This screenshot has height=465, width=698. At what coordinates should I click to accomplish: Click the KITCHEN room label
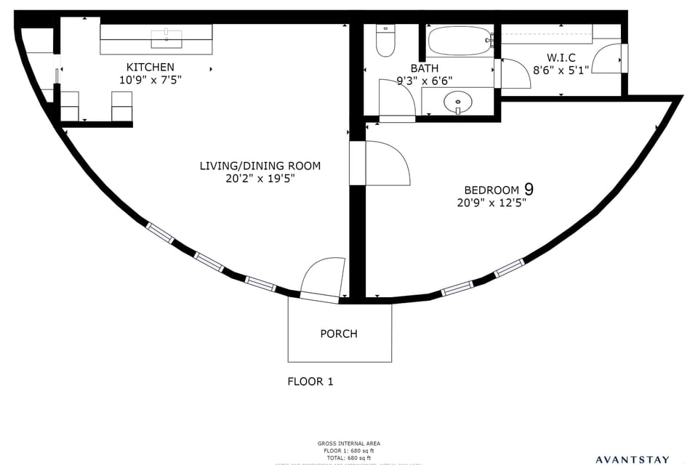(151, 67)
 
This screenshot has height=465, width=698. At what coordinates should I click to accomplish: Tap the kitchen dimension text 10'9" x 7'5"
(151, 79)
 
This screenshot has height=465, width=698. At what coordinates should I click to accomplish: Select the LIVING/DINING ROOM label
(260, 166)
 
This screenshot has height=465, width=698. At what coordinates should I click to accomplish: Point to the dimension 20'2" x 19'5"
(260, 178)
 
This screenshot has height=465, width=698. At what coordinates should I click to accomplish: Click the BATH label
(424, 68)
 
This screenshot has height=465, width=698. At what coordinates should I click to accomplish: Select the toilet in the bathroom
(385, 41)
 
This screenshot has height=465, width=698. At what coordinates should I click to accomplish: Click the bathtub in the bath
(459, 41)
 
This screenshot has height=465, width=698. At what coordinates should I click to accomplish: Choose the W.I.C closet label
(561, 57)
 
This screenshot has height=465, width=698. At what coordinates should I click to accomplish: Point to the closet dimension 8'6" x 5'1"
(561, 70)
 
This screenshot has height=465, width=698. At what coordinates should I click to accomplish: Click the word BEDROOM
(492, 190)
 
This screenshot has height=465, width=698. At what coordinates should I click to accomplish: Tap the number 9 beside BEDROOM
(529, 189)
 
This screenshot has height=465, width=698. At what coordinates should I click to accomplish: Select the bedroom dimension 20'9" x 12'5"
(492, 203)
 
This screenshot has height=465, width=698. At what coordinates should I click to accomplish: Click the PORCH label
(339, 333)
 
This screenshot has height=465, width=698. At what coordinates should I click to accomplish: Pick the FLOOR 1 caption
(310, 381)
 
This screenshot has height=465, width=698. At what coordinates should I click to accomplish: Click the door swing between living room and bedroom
(389, 163)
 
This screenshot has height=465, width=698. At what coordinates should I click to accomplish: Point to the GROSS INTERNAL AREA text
(348, 443)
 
